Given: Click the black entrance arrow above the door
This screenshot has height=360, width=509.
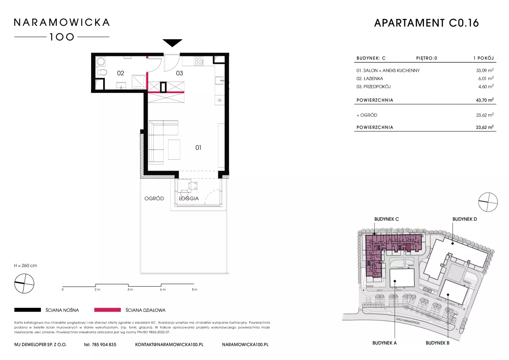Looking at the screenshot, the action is click(x=172, y=42).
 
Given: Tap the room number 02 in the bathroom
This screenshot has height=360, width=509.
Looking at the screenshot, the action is click(x=121, y=73).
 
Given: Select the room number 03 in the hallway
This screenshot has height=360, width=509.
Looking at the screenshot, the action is click(x=179, y=73).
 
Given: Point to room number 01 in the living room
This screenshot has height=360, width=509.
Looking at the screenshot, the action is click(x=198, y=148).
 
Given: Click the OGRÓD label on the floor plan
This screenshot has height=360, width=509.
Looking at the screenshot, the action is click(x=154, y=198).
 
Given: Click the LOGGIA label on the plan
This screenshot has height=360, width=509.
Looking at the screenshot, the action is click(x=189, y=198).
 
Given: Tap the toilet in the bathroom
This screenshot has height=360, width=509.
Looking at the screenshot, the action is click(x=102, y=72).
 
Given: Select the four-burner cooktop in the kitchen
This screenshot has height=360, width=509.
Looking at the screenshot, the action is click(x=199, y=61).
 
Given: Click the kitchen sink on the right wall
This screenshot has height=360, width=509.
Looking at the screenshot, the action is click(x=220, y=80).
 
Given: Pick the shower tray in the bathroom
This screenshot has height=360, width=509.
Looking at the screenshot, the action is click(x=139, y=82).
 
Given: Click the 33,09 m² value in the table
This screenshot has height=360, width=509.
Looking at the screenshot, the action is click(x=485, y=70).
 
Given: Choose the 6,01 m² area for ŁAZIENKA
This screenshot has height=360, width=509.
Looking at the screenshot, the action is click(x=486, y=78).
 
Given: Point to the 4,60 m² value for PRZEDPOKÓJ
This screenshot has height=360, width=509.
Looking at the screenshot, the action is click(x=486, y=86).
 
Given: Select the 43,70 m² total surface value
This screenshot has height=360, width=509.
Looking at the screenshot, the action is click(x=485, y=100).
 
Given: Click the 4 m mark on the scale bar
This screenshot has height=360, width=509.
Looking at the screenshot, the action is click(x=130, y=289).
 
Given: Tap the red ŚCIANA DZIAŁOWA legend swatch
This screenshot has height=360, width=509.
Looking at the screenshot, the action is click(x=107, y=310).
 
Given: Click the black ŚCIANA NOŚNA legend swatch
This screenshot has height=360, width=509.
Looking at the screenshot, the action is click(x=28, y=310).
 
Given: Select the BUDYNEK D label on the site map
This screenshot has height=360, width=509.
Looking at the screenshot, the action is click(x=464, y=219).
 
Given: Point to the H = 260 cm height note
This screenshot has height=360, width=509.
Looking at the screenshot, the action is click(x=26, y=266).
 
